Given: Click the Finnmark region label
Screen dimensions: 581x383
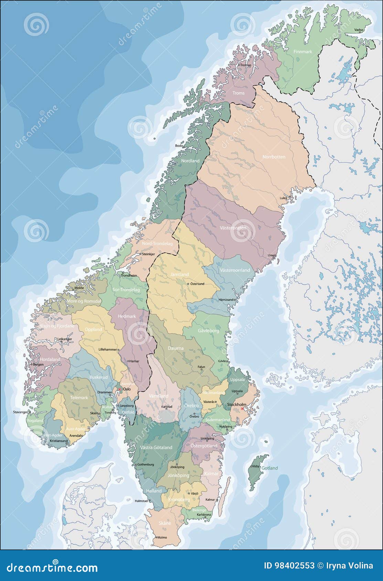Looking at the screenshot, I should coord(302,52).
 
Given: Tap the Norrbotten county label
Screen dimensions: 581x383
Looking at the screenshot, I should coord(274,157).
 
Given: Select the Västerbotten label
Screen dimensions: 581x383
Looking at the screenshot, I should coord(233,228).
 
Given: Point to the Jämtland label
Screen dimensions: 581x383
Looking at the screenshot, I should coord(179,274).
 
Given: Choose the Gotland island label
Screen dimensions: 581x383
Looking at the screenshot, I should coord(269,468).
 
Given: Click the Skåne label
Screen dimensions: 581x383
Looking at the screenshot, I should coord(165,523).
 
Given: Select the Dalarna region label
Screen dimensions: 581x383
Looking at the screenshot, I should coord(175,348).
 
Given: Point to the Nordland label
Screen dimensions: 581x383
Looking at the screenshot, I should coord(190,161).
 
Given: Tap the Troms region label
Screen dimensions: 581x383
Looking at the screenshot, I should coord(238,93).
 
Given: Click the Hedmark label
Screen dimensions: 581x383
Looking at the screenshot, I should coord(127,316).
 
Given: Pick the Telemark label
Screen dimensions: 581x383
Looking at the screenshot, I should coord(79,397).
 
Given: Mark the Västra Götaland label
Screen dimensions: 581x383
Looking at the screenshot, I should coord(156,447).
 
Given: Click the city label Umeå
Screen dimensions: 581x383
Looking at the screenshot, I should coord(272,255).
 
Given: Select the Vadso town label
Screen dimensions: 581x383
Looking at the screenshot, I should coord(359,30).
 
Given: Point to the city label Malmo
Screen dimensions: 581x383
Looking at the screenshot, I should coord(162,547).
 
